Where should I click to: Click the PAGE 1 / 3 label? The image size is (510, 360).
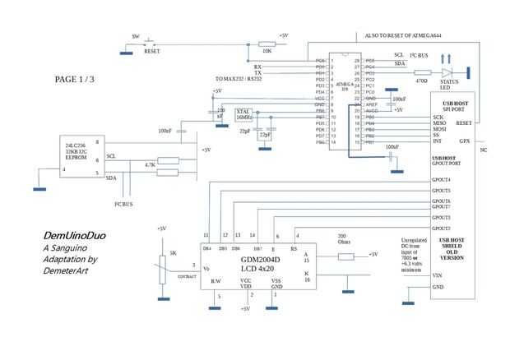point(75,80)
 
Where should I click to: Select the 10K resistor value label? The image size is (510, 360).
point(244,51)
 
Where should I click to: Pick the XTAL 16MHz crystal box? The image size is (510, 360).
point(244,113)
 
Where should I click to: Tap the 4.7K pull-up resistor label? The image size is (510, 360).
point(150,165)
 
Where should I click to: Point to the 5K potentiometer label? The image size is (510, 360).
point(173,253)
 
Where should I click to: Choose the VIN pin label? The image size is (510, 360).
point(438,275)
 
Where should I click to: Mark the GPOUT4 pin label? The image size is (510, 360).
point(441,179)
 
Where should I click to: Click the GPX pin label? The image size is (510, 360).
point(464,141)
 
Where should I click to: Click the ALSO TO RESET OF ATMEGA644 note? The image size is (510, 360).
point(403,35)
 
